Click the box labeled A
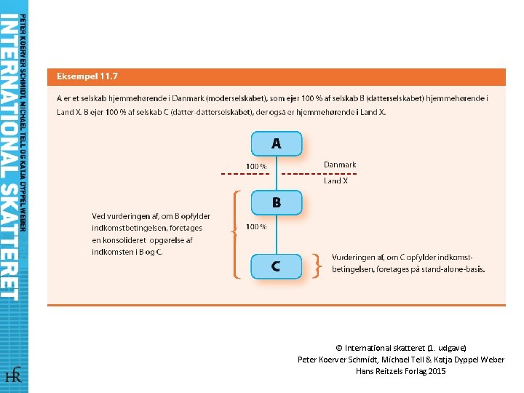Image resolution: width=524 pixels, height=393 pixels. tap(276, 143)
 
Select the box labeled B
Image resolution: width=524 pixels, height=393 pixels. tap(276, 203)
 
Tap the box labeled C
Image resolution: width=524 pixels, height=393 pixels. tap(276, 266)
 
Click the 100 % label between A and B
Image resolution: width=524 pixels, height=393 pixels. tap(256, 167)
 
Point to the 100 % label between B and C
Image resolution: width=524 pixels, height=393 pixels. tap(256, 226)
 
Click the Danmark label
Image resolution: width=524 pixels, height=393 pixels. tap(340, 165)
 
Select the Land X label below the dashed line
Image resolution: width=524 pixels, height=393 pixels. tap(336, 181)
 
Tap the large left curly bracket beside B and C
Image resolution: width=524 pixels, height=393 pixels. tap(234, 234)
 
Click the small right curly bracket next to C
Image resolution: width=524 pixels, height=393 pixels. tap(317, 266)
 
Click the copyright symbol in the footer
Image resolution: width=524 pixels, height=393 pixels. tap(339, 348)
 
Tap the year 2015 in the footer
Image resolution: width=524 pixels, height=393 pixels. tap(437, 371)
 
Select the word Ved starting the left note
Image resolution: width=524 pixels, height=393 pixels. tap(98, 216)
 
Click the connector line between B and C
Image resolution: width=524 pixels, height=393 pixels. tap(277, 234)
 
